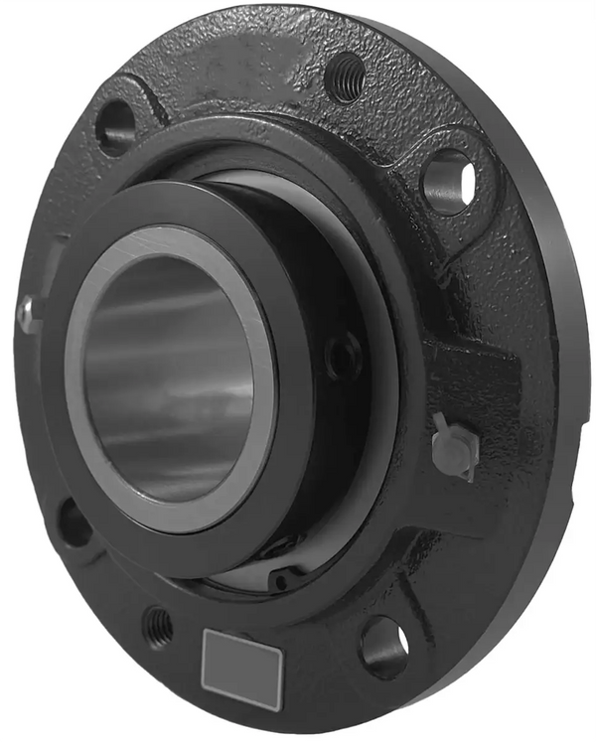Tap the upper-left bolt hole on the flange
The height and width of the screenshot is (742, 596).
[115, 125]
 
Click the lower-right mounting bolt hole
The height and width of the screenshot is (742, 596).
[382, 647]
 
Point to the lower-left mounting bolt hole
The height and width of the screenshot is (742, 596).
[74, 523]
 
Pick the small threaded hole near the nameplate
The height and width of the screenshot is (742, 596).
[158, 626]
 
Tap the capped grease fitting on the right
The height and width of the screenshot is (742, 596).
[454, 446]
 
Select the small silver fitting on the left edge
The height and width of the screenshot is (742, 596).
[27, 316]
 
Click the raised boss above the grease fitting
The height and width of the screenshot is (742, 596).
[467, 372]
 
